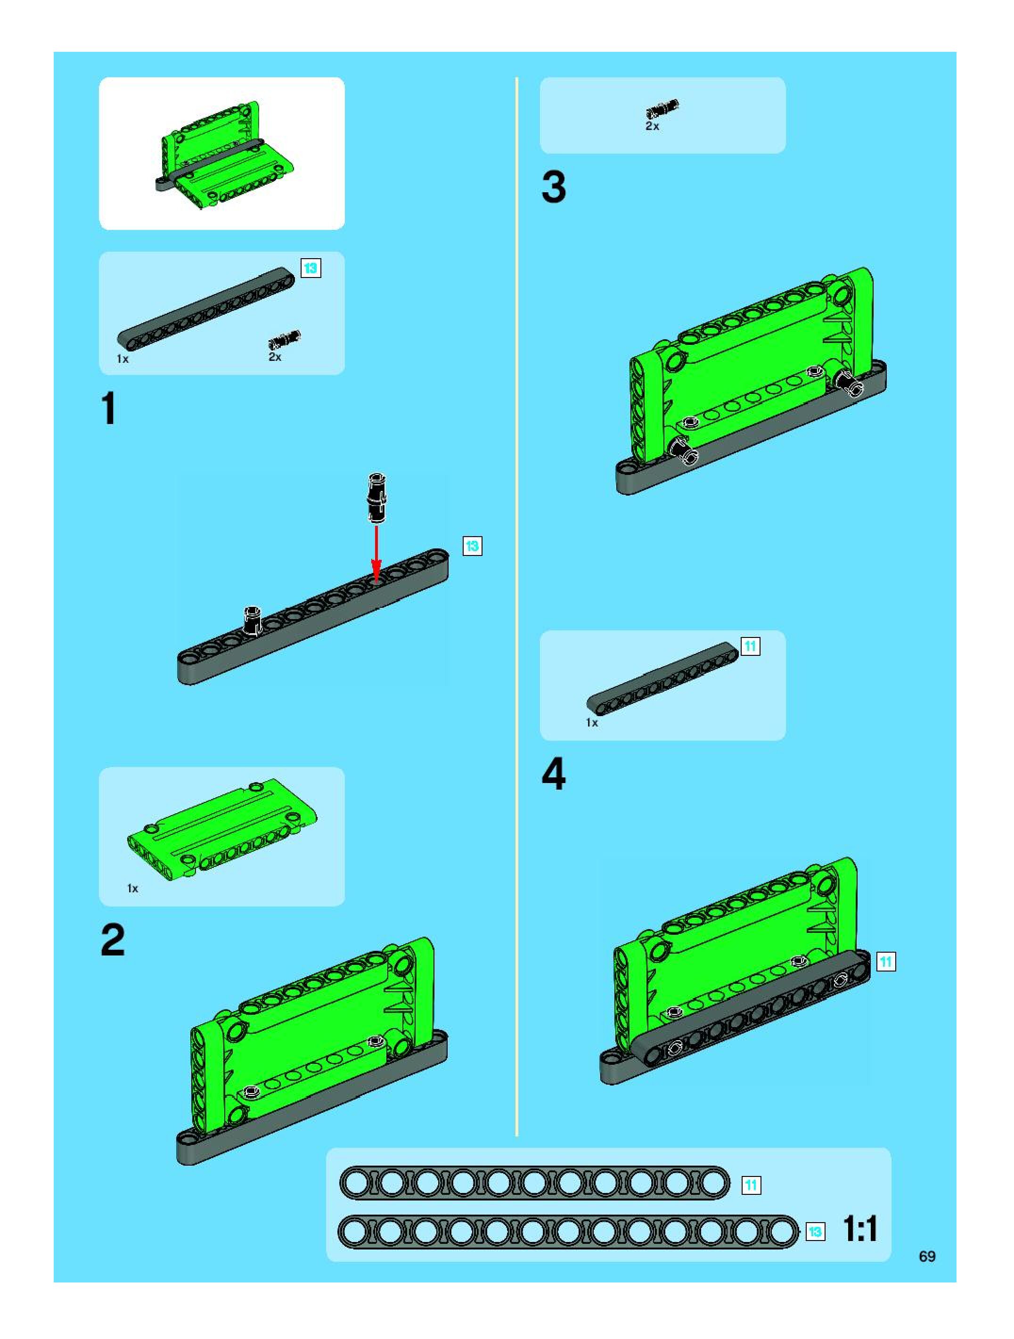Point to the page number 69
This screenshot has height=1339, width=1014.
pyautogui.click(x=927, y=1256)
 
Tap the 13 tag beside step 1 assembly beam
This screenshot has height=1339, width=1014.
pyautogui.click(x=472, y=546)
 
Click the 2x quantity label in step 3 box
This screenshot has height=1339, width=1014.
pyautogui.click(x=652, y=127)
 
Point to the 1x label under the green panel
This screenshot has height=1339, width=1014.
pyautogui.click(x=132, y=889)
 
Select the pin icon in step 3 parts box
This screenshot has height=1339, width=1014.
pyautogui.click(x=662, y=109)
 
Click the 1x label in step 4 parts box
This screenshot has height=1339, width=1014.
pyautogui.click(x=591, y=723)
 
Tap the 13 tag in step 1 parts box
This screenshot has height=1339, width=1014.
pyautogui.click(x=311, y=268)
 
